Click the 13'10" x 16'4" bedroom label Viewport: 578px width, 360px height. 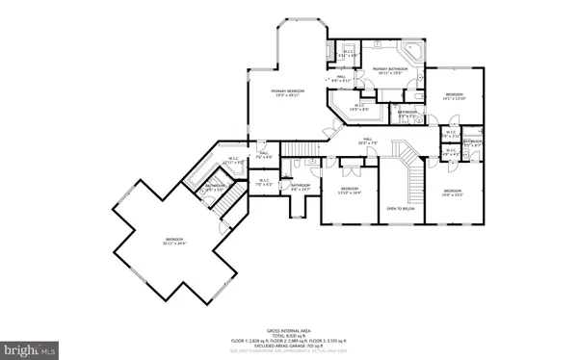(x=349, y=191)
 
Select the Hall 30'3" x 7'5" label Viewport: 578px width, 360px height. (x=367, y=141)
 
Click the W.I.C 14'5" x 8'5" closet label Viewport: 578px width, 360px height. (x=358, y=107)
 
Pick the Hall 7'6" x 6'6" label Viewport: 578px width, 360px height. (x=263, y=155)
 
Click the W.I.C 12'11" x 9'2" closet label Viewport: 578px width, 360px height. (x=232, y=162)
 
